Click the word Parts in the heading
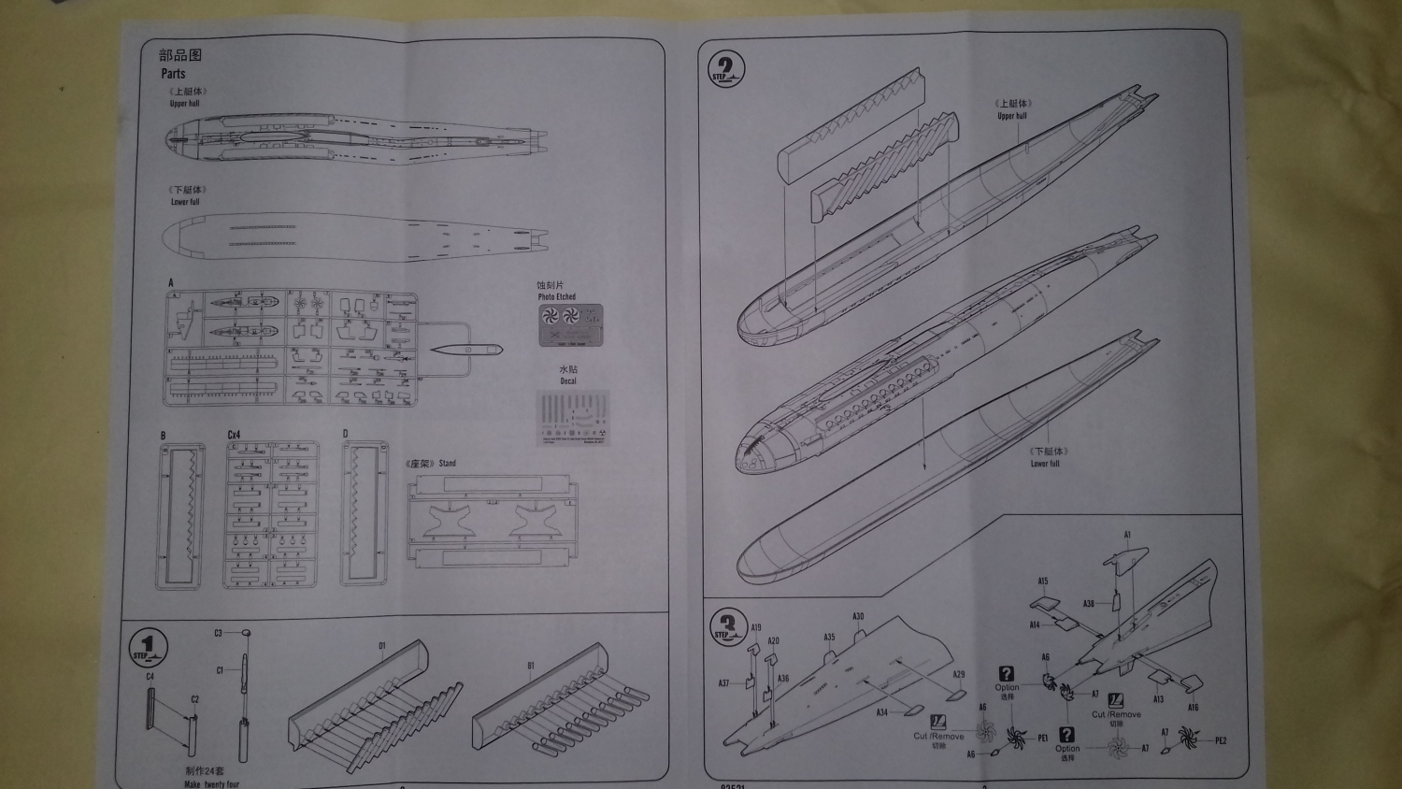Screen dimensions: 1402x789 173,73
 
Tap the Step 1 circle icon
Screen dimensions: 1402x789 147,647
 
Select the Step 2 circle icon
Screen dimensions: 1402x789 727,69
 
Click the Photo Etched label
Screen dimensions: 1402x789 557,296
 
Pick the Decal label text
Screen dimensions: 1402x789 568,380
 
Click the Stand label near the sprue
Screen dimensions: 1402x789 447,463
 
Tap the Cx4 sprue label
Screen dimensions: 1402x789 234,435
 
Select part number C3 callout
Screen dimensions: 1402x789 218,633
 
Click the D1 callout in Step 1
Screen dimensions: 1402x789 381,646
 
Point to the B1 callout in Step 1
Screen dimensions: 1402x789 531,667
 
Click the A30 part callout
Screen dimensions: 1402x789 858,617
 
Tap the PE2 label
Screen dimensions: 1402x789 1220,740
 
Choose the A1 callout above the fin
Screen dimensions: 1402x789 1127,536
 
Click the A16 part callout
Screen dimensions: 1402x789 1194,708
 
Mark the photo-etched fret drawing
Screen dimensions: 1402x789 570,324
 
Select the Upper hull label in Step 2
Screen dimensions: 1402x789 1011,116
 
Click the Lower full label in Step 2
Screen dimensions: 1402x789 1045,464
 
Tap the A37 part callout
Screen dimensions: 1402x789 723,683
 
